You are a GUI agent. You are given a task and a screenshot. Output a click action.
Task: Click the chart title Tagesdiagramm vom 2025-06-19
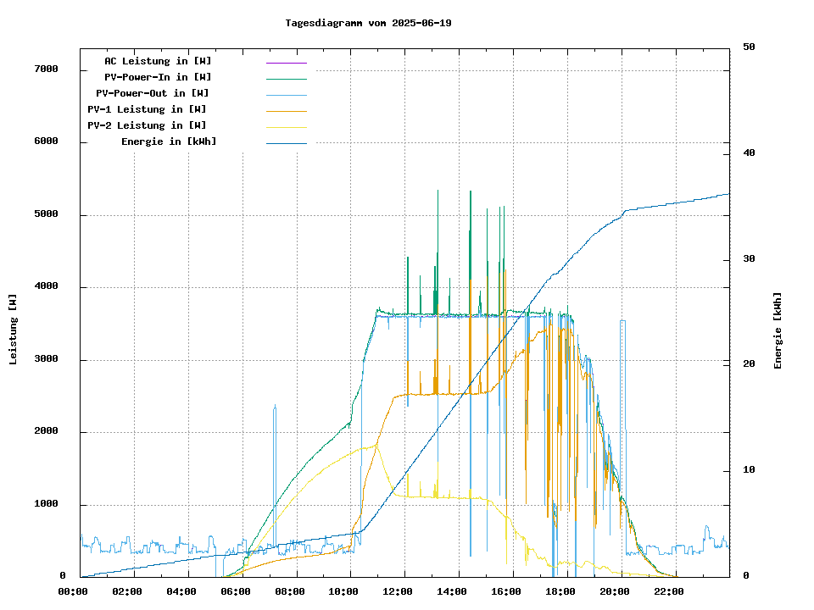click(369, 23)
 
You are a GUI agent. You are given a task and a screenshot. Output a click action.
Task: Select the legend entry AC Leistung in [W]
click(158, 61)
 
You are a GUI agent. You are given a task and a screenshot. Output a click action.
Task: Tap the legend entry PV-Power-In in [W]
click(158, 77)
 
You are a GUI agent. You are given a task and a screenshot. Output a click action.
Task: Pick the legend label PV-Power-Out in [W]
click(153, 93)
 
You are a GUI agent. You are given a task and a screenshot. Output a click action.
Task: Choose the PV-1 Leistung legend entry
click(147, 109)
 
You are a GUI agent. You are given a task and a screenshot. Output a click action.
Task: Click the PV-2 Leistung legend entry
click(147, 125)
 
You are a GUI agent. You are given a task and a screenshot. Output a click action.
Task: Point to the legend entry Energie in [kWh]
click(169, 141)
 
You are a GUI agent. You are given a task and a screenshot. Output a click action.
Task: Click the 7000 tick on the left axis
click(45, 69)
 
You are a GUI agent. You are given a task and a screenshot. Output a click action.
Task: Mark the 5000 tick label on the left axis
click(45, 214)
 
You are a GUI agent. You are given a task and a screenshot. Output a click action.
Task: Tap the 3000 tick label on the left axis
click(45, 359)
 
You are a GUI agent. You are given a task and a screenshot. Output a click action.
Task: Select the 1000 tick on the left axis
click(45, 504)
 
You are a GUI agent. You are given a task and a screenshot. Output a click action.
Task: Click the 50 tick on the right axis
click(749, 47)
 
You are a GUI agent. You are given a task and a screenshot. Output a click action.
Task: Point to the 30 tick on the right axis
click(749, 258)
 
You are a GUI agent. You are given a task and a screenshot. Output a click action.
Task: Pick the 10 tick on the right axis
click(749, 470)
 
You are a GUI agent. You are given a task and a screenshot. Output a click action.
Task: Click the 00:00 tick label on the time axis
click(73, 591)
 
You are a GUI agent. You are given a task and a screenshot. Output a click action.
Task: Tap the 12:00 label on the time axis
click(404, 591)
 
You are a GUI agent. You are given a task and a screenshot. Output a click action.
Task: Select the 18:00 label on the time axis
click(560, 591)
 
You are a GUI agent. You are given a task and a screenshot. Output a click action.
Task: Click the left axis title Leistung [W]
click(14, 330)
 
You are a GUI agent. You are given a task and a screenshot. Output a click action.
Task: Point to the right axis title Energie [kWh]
click(778, 330)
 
